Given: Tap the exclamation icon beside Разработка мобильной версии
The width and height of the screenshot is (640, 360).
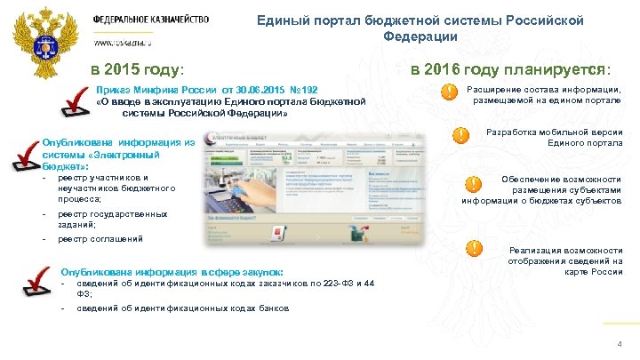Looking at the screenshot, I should (x=461, y=135).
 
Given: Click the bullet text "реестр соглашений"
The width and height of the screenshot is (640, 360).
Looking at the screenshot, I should (x=100, y=239).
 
